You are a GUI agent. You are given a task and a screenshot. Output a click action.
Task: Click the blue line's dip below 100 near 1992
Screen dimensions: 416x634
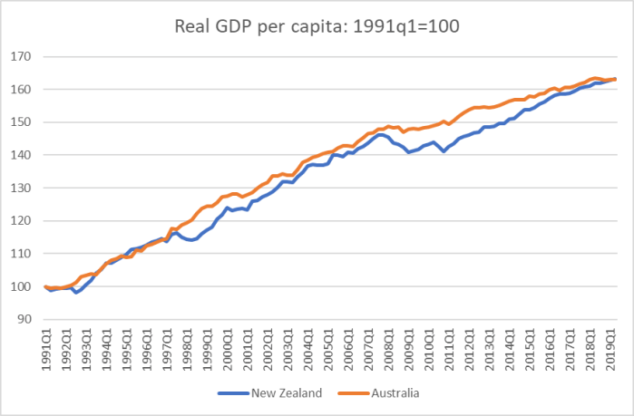point(76,292)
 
